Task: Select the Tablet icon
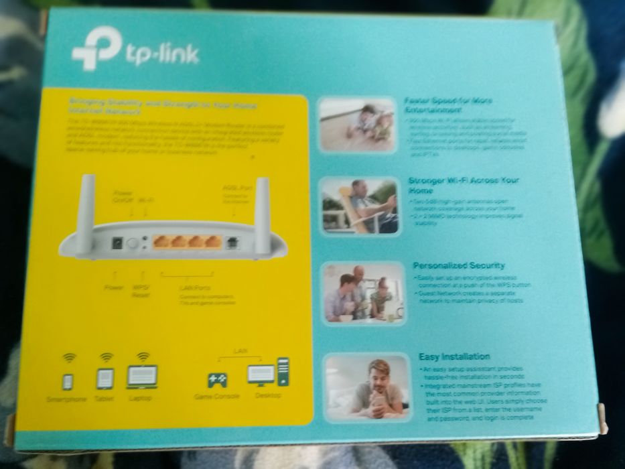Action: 106,379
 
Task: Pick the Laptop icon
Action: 142,377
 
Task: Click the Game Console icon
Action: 216,380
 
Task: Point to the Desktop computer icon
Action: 268,373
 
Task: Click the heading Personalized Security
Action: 459,266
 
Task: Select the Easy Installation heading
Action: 454,357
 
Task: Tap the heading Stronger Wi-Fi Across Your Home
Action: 464,186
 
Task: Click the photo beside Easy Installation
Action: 367,389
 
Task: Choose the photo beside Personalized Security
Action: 363,293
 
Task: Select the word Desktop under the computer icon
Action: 268,396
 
